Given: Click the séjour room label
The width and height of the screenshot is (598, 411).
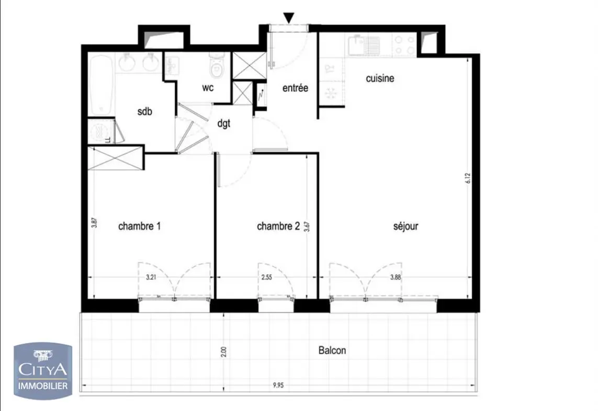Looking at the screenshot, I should (x=405, y=227).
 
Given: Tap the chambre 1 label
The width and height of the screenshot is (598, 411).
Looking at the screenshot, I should (x=139, y=226).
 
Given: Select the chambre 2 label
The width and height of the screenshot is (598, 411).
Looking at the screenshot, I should (x=278, y=226).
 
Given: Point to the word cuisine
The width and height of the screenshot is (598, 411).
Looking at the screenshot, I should (x=380, y=78).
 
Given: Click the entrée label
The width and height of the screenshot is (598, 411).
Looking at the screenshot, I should (x=295, y=88).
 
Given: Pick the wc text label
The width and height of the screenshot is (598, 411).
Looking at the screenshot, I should (x=208, y=88).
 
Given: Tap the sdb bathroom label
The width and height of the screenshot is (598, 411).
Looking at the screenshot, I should (x=145, y=111).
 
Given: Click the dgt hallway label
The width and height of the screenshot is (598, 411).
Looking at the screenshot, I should (x=224, y=124).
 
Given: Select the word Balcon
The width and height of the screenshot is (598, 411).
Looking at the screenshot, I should (x=332, y=350).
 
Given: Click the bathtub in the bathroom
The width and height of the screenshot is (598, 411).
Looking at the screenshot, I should (x=101, y=85).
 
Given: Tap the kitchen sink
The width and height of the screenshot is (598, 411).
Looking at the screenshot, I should (x=365, y=44).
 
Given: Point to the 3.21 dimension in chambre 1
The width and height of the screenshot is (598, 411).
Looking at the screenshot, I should (x=151, y=278).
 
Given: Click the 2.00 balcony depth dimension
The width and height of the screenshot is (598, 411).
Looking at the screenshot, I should (x=224, y=351).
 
